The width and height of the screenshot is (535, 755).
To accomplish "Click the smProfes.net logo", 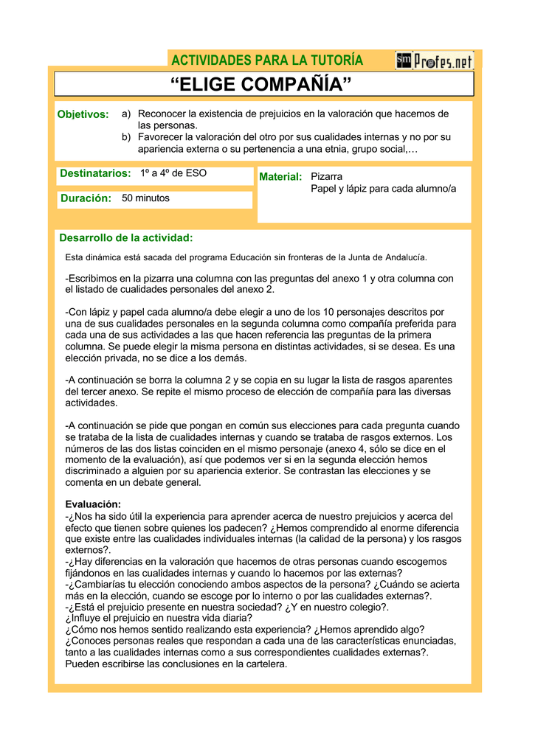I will coord(434,60).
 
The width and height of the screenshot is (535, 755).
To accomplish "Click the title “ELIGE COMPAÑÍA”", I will coord(261,85).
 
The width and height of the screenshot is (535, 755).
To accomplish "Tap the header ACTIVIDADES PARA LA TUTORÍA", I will coord(267,60).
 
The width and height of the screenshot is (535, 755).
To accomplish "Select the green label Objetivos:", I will coord(83,114).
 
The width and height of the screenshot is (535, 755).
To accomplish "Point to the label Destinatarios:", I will coord(95,173).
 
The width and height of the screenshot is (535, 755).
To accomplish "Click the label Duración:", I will coord(86,198).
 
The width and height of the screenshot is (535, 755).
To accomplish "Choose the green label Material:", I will coord(281,177).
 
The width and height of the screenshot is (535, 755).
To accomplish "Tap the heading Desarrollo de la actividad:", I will coord(126,237).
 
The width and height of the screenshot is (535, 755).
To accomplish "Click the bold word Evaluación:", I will coord(93,504).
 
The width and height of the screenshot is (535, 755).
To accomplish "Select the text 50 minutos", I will coord(146,198).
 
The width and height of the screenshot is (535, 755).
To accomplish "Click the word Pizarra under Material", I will coord(327,177).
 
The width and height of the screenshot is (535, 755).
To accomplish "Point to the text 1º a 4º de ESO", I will coord(173,173).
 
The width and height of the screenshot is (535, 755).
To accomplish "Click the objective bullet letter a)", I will coord(126,114).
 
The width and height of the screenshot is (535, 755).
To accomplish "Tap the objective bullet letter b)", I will coord(126,137).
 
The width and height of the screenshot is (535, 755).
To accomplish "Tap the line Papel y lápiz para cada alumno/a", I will coord(384,189).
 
